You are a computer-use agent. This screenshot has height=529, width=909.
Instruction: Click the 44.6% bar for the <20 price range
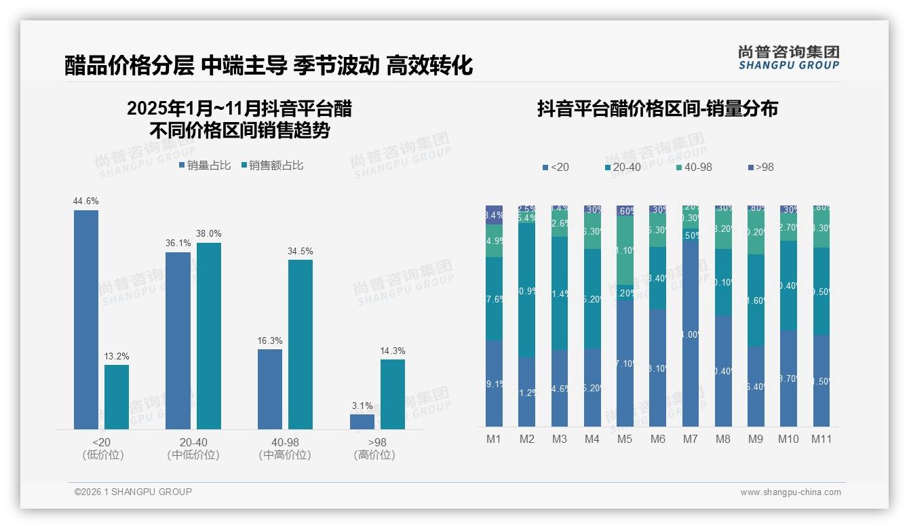[86, 319]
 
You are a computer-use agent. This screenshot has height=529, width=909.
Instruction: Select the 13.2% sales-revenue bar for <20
[117, 397]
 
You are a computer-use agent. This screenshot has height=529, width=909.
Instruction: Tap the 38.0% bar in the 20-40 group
[209, 336]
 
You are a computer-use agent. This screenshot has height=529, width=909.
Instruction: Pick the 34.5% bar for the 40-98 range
[301, 345]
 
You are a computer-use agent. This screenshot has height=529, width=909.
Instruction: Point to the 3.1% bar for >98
[362, 422]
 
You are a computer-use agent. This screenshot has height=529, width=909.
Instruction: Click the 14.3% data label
[393, 351]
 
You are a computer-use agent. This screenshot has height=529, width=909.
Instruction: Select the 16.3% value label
[270, 341]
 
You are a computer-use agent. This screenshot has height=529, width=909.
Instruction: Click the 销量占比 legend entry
[205, 165]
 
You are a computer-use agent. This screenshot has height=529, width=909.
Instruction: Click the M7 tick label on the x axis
[690, 439]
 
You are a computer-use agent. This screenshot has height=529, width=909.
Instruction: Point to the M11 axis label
[821, 439]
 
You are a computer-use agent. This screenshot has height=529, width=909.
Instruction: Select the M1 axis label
[494, 439]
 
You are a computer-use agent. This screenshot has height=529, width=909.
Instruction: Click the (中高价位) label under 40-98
[285, 455]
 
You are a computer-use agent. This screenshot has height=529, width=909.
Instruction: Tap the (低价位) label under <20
[102, 455]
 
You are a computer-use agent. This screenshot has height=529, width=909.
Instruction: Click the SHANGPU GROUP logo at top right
[788, 58]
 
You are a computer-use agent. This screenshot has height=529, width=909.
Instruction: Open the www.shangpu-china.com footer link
[790, 492]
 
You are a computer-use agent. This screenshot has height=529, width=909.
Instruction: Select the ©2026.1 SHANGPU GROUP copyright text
[133, 492]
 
